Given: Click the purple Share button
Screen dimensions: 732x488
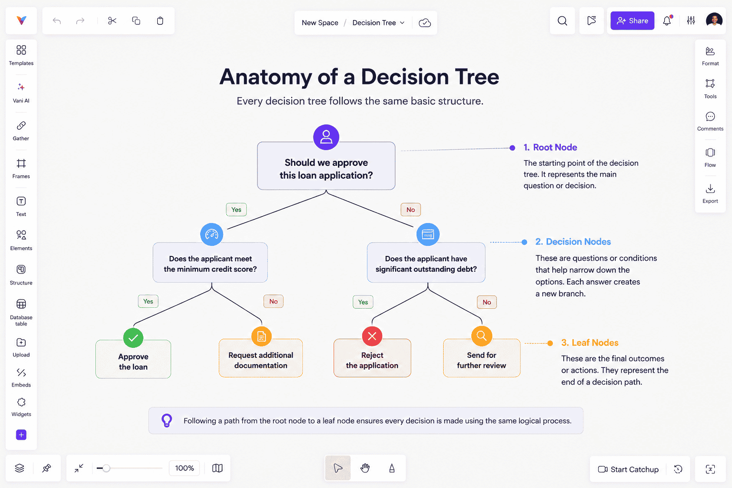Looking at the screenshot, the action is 632,20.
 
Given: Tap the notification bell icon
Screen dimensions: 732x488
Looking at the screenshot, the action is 667,20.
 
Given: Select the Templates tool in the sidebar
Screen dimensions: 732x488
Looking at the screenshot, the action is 21,55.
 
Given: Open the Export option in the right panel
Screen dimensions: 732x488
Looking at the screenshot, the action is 710,193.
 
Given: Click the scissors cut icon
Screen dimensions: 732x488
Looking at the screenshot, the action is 112,21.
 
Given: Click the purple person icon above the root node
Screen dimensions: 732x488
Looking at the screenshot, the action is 326,137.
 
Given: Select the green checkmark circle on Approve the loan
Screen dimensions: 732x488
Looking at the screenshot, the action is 133,338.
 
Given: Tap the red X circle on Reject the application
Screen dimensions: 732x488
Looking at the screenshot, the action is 372,336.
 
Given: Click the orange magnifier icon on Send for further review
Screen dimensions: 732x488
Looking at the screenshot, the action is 481,335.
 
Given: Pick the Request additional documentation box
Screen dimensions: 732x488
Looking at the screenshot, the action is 261,358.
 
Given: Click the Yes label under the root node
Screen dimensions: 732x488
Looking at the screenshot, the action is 236,210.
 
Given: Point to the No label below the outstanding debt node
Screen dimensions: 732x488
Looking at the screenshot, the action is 487,302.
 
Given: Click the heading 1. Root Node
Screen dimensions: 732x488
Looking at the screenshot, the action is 550,147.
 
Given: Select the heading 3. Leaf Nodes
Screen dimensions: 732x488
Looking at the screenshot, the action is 590,343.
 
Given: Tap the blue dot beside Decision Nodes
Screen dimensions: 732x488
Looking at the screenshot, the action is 524,242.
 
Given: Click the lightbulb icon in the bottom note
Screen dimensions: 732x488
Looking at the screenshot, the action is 167,420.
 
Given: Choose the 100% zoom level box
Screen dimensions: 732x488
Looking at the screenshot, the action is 184,468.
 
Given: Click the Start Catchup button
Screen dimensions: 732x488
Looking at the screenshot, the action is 628,469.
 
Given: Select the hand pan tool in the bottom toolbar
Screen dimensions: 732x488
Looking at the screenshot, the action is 365,468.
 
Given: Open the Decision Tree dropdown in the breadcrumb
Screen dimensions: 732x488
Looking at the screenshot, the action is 378,22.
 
